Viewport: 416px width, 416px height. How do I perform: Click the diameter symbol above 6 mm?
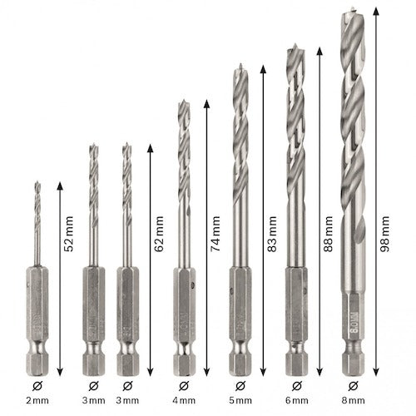[297, 386]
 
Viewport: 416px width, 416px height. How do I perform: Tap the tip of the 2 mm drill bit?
[37, 181]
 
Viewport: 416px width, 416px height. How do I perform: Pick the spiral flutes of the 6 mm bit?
[297, 125]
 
